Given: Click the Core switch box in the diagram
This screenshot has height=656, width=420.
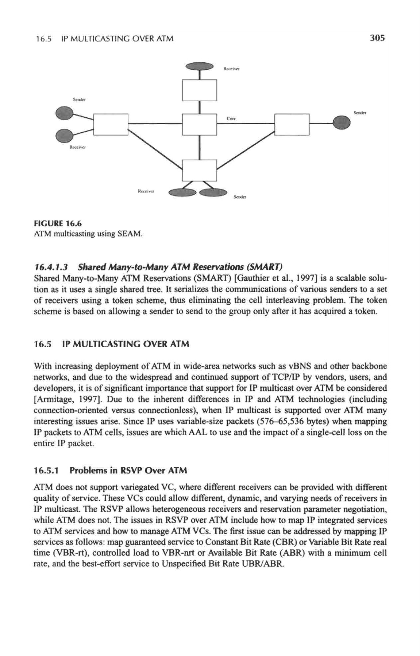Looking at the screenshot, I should click(x=200, y=124).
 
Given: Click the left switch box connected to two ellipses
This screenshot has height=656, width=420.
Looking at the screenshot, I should click(x=111, y=124).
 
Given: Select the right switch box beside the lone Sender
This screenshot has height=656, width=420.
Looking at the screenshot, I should click(x=292, y=124).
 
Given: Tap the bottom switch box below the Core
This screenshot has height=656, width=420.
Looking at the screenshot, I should click(x=200, y=170).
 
